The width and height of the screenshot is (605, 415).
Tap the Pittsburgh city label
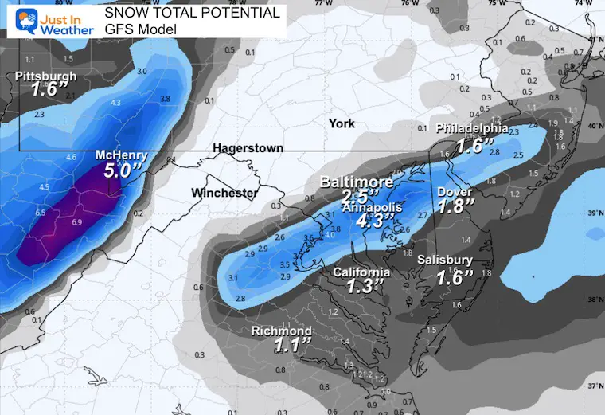45,76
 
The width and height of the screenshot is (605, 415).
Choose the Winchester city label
224,193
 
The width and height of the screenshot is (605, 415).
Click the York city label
342,123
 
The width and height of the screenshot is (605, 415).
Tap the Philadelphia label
471,127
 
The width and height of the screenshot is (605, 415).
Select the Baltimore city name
357,182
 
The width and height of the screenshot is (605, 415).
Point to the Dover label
455,192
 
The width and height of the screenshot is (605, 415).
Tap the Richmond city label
281,331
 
